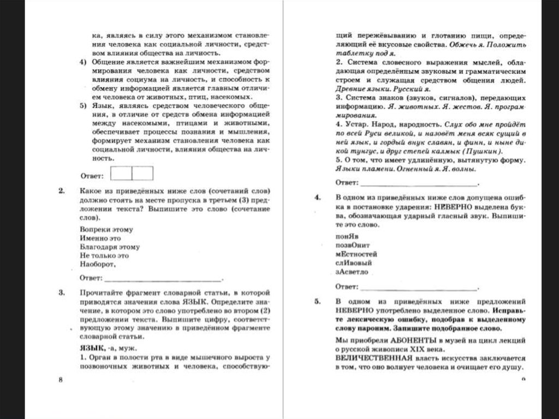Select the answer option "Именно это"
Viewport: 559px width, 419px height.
coord(100,238)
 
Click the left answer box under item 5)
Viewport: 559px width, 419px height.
coord(121,174)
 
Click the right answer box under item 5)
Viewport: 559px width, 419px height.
coord(142,174)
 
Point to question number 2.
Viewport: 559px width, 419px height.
coord(60,191)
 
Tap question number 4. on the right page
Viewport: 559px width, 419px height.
coord(317,198)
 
